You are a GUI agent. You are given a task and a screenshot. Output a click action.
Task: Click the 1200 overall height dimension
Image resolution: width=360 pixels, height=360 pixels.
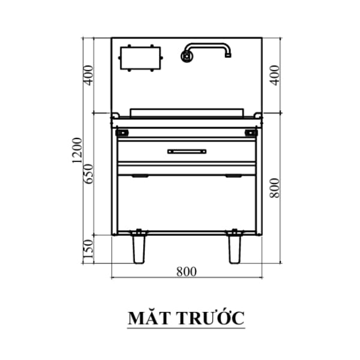click(x=77, y=151)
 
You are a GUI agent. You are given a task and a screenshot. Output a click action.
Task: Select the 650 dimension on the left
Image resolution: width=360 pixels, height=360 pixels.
click(x=89, y=174)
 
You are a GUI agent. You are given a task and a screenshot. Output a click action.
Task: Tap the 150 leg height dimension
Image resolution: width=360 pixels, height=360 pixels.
click(x=89, y=250)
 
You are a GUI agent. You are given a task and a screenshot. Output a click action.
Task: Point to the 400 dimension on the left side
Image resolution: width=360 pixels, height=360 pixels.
click(x=89, y=76)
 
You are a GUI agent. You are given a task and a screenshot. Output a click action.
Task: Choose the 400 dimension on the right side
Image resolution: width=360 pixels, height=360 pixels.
click(x=275, y=76)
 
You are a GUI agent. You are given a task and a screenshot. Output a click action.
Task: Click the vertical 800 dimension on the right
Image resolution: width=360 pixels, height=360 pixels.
click(x=275, y=188)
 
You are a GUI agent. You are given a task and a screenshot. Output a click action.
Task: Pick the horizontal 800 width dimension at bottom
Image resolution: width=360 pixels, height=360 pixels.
click(x=187, y=272)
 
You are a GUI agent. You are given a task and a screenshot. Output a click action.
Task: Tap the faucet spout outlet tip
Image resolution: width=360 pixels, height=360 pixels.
click(x=228, y=56)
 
